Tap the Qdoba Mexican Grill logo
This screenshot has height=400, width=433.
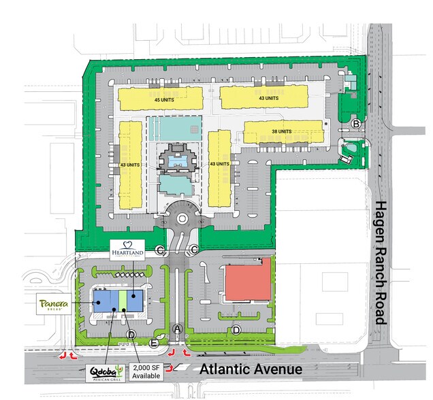tap(105, 373)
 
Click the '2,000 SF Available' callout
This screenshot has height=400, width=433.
tap(146, 371)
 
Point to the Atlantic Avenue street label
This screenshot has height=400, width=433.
tap(251, 369)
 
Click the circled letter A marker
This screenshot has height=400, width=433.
tap(178, 329)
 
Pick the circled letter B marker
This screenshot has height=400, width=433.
tap(356, 123)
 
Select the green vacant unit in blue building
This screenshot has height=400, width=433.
tap(123, 300)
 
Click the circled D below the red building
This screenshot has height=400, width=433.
tap(236, 331)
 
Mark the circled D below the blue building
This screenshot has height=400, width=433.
tap(131, 335)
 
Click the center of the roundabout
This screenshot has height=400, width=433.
tap(182, 218)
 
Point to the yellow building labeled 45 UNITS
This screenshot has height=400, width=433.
tap(161, 97)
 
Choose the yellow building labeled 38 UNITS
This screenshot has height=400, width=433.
tap(283, 132)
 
